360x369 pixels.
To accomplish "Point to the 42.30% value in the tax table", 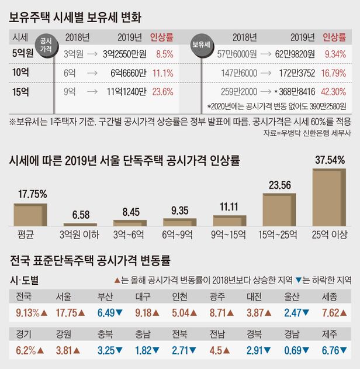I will pyautogui.click(x=335, y=91).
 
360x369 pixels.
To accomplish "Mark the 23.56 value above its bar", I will pyautogui.click(x=279, y=186).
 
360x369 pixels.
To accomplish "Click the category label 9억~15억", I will pyautogui.click(x=230, y=234).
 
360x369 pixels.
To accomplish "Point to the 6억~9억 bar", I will pyautogui.click(x=181, y=222).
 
